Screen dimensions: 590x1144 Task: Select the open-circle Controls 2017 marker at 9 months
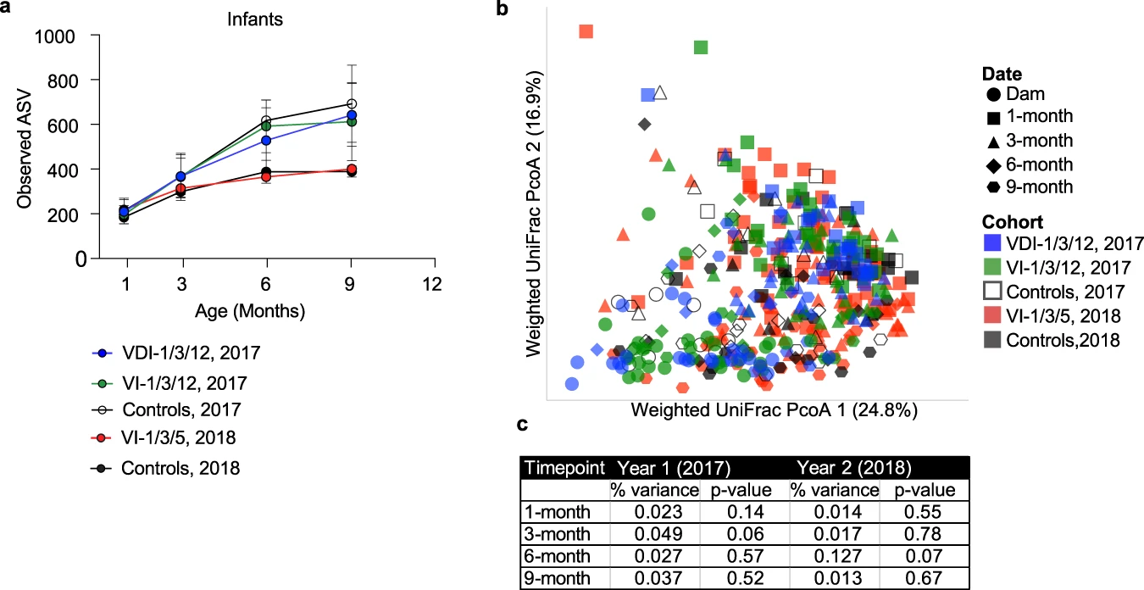pyautogui.click(x=351, y=104)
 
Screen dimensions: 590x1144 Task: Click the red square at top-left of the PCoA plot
pyautogui.click(x=586, y=31)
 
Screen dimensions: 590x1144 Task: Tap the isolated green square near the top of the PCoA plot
pyautogui.click(x=701, y=47)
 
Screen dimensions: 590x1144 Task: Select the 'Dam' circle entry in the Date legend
pyautogui.click(x=1020, y=95)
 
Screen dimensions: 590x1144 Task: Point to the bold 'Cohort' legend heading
pyautogui.click(x=1006, y=221)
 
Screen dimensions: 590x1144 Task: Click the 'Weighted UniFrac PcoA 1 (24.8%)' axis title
pyautogui.click(x=774, y=410)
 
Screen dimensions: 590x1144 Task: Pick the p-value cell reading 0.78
pyautogui.click(x=919, y=534)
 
